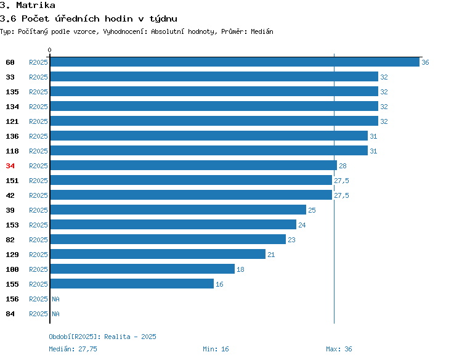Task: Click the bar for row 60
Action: pos(235,62)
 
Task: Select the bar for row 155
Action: pos(132,284)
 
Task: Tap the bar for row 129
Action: pos(158,254)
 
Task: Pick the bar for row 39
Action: pos(178,210)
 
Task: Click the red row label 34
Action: pos(10,166)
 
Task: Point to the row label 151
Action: pos(12,181)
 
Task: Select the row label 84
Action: pos(10,314)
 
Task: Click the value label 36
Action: pos(425,62)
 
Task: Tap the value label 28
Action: pos(342,166)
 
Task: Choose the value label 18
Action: pos(240,269)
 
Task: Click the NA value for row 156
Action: pos(55,299)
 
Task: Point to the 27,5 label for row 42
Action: pos(341,195)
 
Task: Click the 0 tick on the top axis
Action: pos(49,50)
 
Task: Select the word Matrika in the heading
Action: pos(36,5)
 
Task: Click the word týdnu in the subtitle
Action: pos(163,19)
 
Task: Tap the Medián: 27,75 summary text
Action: pos(73,349)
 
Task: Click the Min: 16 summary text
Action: pos(216,349)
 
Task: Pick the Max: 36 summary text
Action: pos(339,349)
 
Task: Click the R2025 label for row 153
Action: pos(38,225)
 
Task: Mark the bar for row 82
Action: pos(168,239)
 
